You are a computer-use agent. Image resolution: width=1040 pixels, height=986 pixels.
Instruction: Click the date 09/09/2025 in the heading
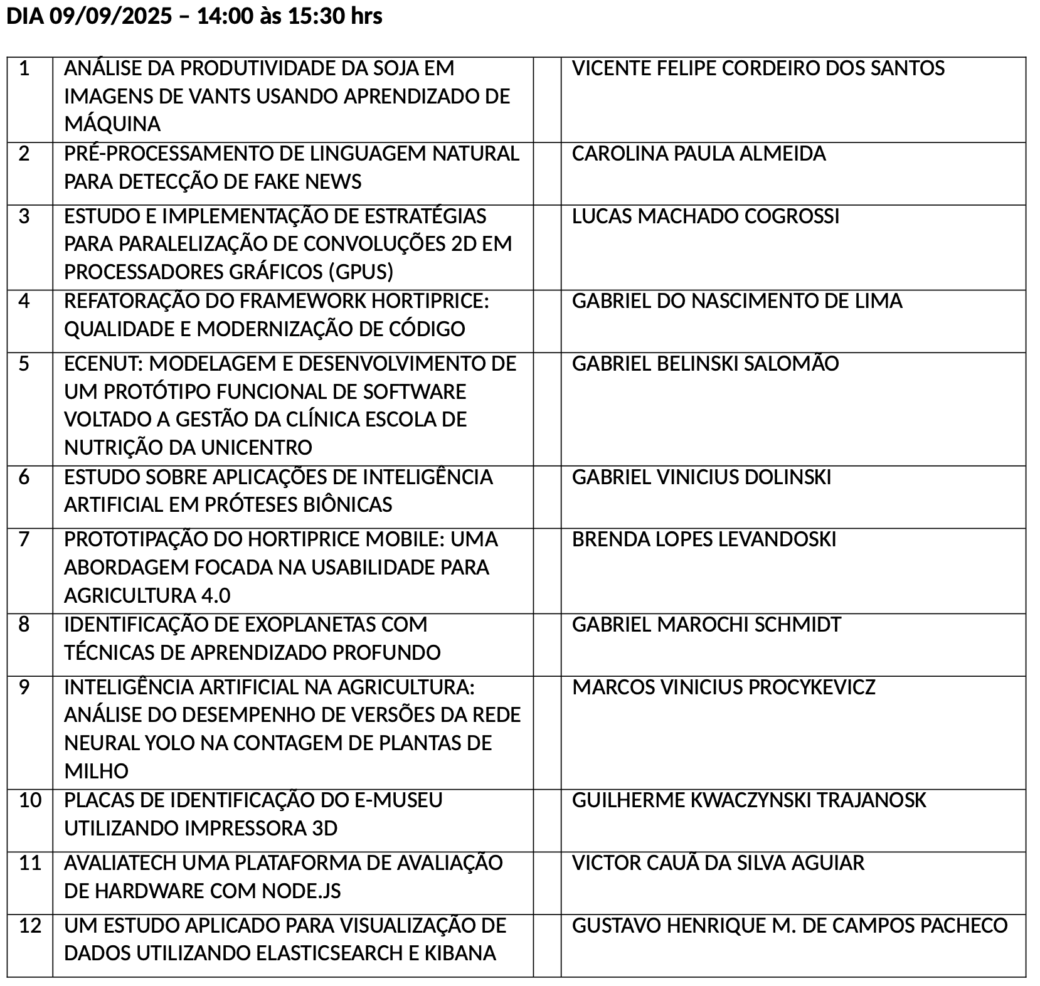(x=110, y=16)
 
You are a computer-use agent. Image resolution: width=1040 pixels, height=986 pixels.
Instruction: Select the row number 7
(x=24, y=539)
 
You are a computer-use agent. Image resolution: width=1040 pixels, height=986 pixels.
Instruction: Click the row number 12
(x=30, y=925)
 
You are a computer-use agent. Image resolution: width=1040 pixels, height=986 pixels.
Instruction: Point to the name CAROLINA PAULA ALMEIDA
(x=699, y=154)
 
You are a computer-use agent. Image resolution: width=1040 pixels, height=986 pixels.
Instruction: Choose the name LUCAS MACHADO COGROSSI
(x=705, y=216)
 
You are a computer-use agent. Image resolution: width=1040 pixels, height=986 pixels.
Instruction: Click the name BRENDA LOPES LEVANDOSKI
(x=704, y=539)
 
